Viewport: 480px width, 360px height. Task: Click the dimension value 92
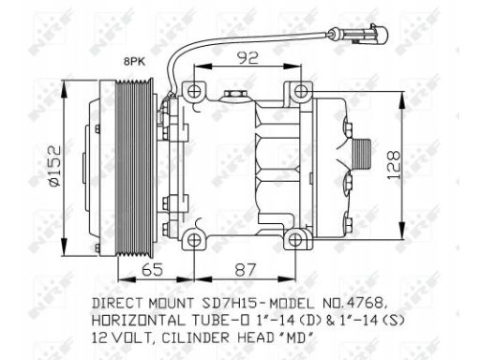pyautogui.click(x=247, y=57)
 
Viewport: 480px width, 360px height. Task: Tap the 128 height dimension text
pyautogui.click(x=394, y=165)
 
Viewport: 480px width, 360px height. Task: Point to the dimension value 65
pyautogui.click(x=152, y=269)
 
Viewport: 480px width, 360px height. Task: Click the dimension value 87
pyautogui.click(x=246, y=270)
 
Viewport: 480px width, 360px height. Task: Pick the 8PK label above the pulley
pyautogui.click(x=135, y=62)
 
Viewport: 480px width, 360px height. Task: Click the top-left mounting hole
pyautogui.click(x=194, y=91)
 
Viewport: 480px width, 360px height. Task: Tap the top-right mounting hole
pyautogui.click(x=301, y=91)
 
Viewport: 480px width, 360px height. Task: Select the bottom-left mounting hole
pyautogui.click(x=194, y=240)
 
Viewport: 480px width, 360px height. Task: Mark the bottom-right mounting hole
pyautogui.click(x=295, y=240)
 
